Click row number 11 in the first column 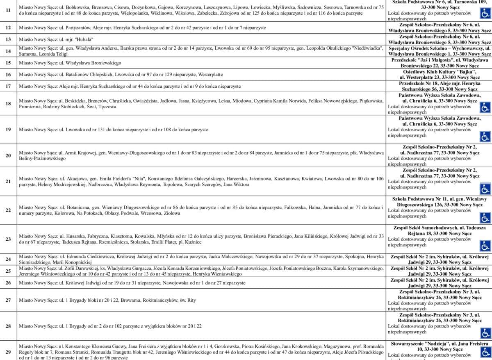click(x=9, y=10)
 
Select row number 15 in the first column click(x=9, y=63)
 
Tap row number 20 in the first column click(x=9, y=155)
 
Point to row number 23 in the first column click(x=9, y=239)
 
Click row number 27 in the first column click(x=9, y=300)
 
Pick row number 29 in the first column click(x=9, y=351)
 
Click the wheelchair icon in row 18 click(x=485, y=107)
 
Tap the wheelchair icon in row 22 click(x=485, y=217)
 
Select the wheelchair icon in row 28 click(x=485, y=333)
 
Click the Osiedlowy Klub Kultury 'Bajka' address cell click(x=439, y=74)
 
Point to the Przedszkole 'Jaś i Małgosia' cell click(x=439, y=63)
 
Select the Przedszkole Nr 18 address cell click(x=439, y=86)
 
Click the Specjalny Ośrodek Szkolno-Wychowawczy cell click(x=439, y=51)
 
